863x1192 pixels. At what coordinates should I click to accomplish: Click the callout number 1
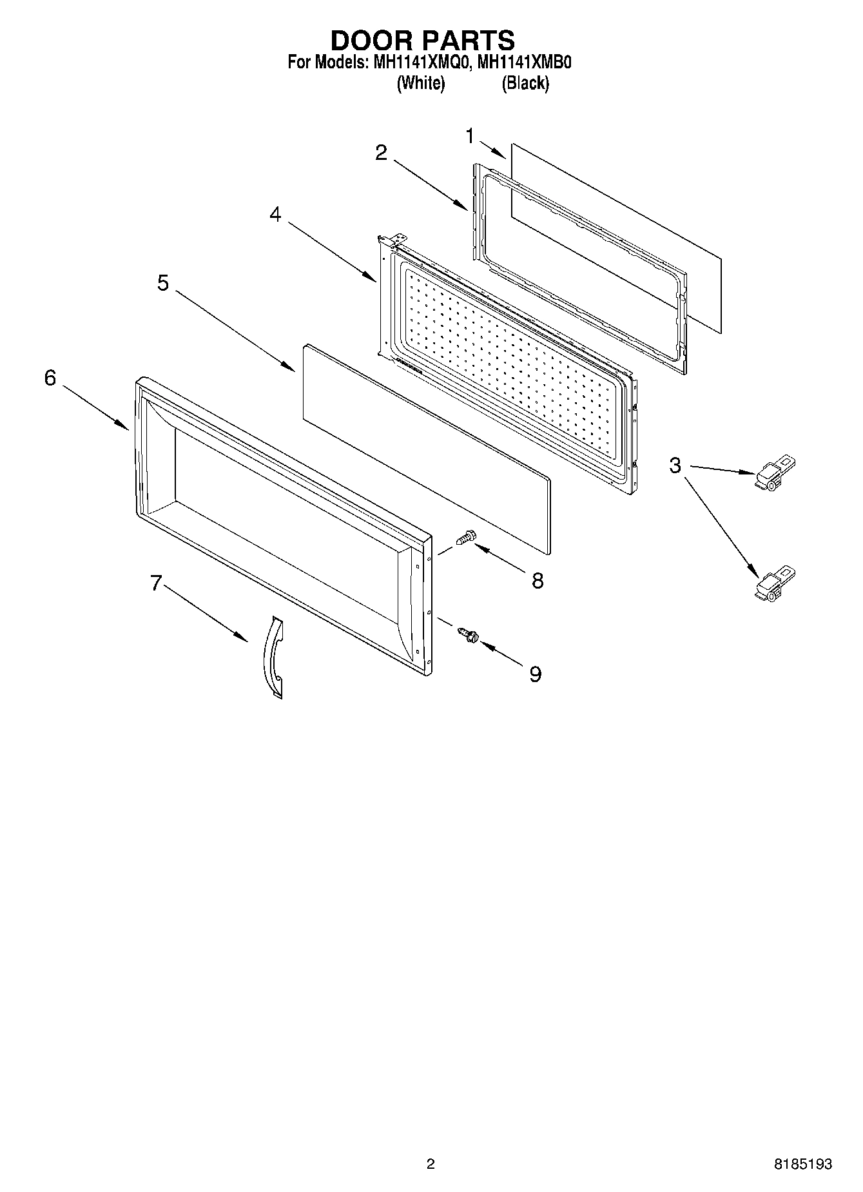[x=470, y=136]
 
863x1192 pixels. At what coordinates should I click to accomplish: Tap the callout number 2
[x=382, y=153]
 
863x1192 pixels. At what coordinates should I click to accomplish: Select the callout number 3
[x=675, y=465]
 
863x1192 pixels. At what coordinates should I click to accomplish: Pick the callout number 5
[x=163, y=282]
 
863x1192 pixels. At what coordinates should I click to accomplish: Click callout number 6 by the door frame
[x=50, y=378]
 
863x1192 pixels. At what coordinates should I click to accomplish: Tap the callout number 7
[x=155, y=583]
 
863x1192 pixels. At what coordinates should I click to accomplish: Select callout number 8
[x=537, y=580]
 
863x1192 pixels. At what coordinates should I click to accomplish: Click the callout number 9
[x=535, y=674]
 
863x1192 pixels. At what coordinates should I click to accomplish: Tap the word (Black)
[x=525, y=83]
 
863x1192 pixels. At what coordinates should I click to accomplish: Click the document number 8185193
[x=802, y=1164]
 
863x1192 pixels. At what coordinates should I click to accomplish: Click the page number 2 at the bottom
[x=431, y=1164]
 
